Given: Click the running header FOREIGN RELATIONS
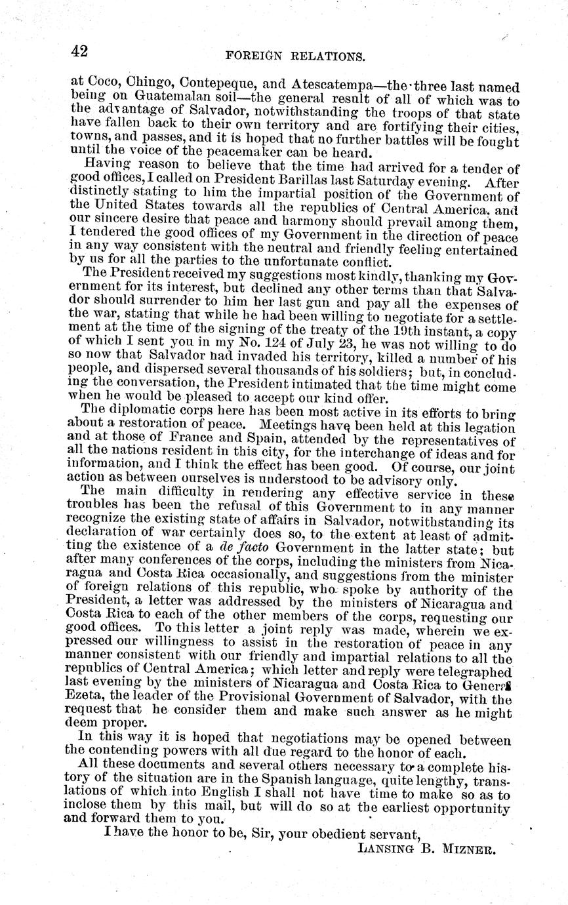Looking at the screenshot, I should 294,56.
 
